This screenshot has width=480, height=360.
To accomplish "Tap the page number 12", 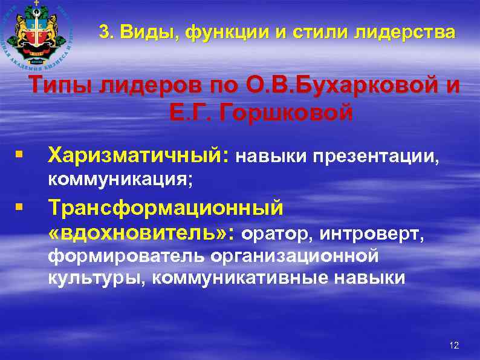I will click(x=455, y=345).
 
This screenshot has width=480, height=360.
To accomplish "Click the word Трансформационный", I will click(x=166, y=208).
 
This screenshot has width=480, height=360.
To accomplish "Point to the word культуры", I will click(x=97, y=278).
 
